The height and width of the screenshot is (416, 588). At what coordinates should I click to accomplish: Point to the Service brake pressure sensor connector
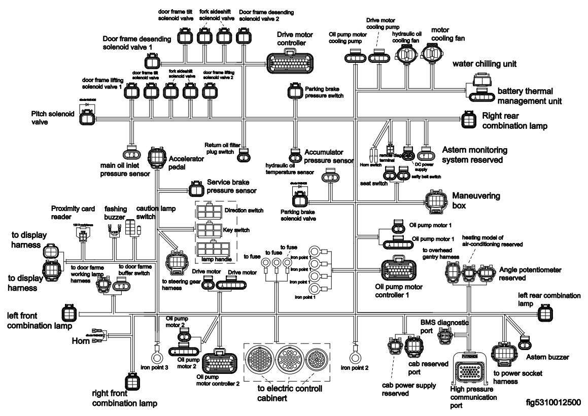[x=195, y=190]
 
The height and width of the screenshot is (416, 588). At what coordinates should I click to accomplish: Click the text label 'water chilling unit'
[x=485, y=64]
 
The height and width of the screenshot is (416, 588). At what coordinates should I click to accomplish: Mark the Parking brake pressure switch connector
[x=294, y=93]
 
